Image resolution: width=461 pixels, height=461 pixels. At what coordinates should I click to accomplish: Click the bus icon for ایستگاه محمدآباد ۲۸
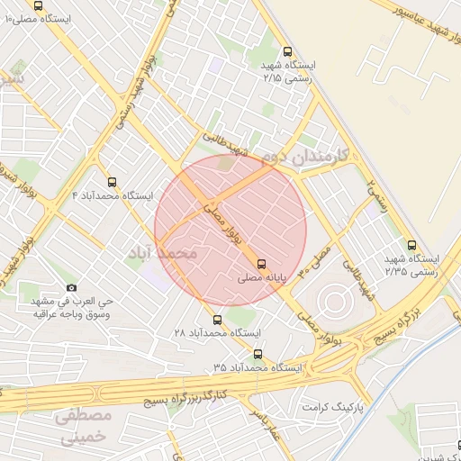[x=216, y=319]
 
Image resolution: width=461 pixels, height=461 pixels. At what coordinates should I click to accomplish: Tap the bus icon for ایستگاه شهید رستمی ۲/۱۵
[x=287, y=51]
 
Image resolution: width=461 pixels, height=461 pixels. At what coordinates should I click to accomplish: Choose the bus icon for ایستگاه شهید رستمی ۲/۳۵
[x=412, y=244]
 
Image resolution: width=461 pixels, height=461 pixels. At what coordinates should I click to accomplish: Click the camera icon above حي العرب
[x=71, y=287]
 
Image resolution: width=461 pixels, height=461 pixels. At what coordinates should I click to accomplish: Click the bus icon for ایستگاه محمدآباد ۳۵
[x=258, y=354]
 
